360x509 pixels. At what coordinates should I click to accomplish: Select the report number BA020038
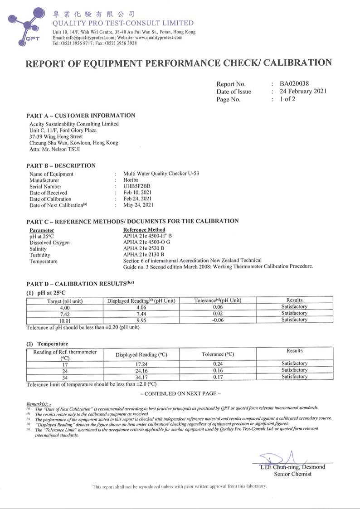(296, 84)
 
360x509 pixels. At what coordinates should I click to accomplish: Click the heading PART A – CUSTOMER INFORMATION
(81, 116)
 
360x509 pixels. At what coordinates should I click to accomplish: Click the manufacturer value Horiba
(131, 180)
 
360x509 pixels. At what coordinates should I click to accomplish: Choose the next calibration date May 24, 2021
(138, 205)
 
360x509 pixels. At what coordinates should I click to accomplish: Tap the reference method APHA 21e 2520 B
(144, 249)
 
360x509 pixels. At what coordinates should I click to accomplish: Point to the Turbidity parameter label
(40, 255)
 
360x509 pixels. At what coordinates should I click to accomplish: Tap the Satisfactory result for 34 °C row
(294, 377)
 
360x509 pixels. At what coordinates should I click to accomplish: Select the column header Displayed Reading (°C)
(141, 354)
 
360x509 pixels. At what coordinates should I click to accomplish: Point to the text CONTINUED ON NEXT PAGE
(180, 394)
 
